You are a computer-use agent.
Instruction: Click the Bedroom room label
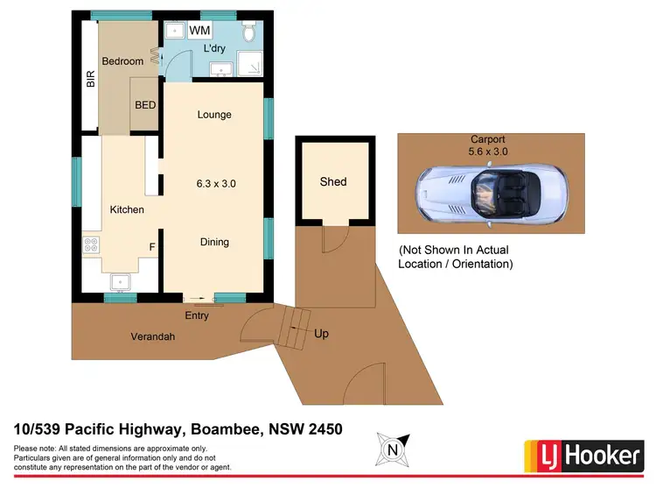click(x=122, y=61)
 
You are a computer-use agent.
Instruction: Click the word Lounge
click(x=214, y=115)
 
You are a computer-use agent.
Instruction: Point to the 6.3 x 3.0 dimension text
click(x=215, y=184)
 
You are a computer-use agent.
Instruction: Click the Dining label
click(x=214, y=242)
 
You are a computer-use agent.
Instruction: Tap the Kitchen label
click(x=126, y=209)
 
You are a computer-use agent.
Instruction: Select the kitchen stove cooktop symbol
click(x=91, y=247)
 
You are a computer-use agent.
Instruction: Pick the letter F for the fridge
click(x=151, y=247)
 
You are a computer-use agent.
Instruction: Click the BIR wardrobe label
click(x=90, y=80)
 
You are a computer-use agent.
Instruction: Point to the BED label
click(x=145, y=105)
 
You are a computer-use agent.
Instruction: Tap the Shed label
click(x=332, y=181)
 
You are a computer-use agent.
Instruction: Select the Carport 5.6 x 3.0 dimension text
click(x=489, y=145)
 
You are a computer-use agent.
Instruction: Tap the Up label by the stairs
click(x=321, y=334)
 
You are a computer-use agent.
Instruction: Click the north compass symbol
click(x=392, y=451)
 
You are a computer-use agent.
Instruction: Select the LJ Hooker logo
click(x=583, y=455)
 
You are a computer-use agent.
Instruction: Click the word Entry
click(x=198, y=315)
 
